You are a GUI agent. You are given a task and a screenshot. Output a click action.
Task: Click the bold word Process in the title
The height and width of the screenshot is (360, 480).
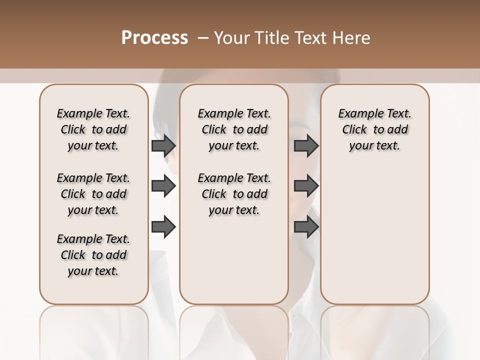tap(154, 38)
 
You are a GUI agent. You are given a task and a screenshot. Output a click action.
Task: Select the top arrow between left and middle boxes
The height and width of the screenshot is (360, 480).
tap(163, 145)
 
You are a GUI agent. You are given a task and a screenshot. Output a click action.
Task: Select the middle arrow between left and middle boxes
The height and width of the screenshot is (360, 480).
tap(163, 186)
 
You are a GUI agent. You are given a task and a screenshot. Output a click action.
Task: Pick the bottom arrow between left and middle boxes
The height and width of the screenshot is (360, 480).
tap(163, 227)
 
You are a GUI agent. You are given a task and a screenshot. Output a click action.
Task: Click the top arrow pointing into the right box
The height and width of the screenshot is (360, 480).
tap(306, 145)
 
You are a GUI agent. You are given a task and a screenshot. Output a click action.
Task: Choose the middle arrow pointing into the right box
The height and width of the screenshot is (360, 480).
tap(306, 186)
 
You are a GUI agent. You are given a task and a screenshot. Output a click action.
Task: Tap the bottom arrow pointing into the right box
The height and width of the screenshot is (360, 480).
tap(306, 227)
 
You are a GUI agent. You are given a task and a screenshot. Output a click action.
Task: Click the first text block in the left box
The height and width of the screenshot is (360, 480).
tap(93, 129)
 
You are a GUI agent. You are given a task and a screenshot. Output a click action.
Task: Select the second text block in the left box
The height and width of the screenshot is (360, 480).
tap(93, 194)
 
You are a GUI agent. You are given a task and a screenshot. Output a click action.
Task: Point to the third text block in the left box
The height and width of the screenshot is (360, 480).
tap(93, 255)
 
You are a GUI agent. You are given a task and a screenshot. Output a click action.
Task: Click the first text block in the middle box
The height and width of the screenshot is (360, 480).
tap(234, 129)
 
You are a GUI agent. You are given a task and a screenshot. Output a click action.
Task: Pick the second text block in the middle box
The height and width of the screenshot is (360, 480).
tap(234, 194)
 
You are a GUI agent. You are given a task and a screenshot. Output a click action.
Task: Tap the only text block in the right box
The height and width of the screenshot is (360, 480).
tap(374, 129)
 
